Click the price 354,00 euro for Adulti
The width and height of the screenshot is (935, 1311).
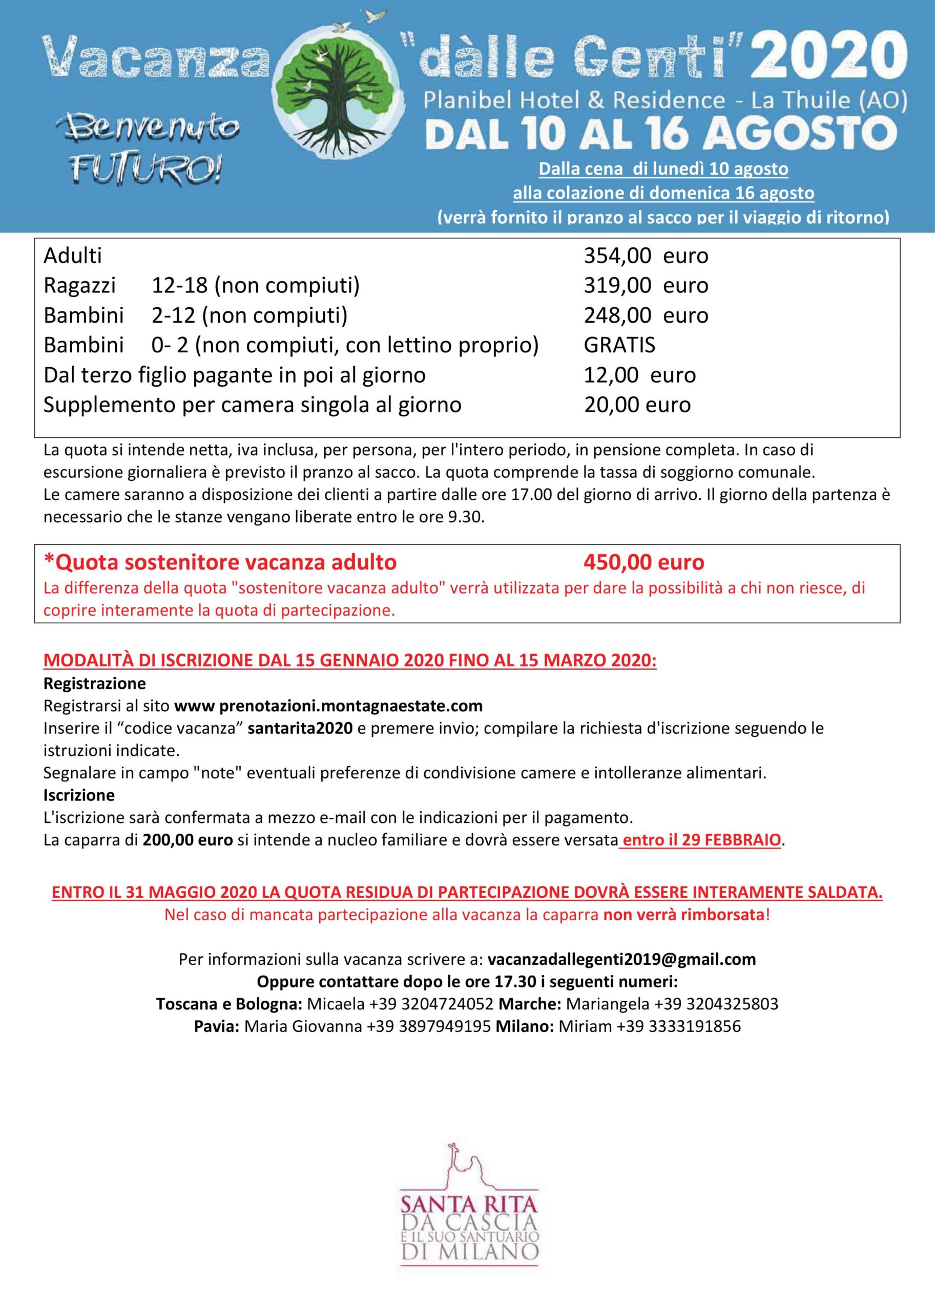(646, 256)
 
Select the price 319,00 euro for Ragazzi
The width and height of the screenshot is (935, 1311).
(646, 285)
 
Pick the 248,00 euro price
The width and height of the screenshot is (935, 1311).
(646, 315)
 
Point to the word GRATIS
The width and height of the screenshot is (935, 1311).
(619, 345)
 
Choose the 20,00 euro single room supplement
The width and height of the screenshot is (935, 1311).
(637, 405)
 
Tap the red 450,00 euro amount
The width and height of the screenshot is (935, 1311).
(643, 562)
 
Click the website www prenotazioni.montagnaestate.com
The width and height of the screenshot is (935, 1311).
(328, 706)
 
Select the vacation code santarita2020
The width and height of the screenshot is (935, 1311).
(301, 728)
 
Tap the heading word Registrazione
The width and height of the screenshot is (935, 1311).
(94, 684)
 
